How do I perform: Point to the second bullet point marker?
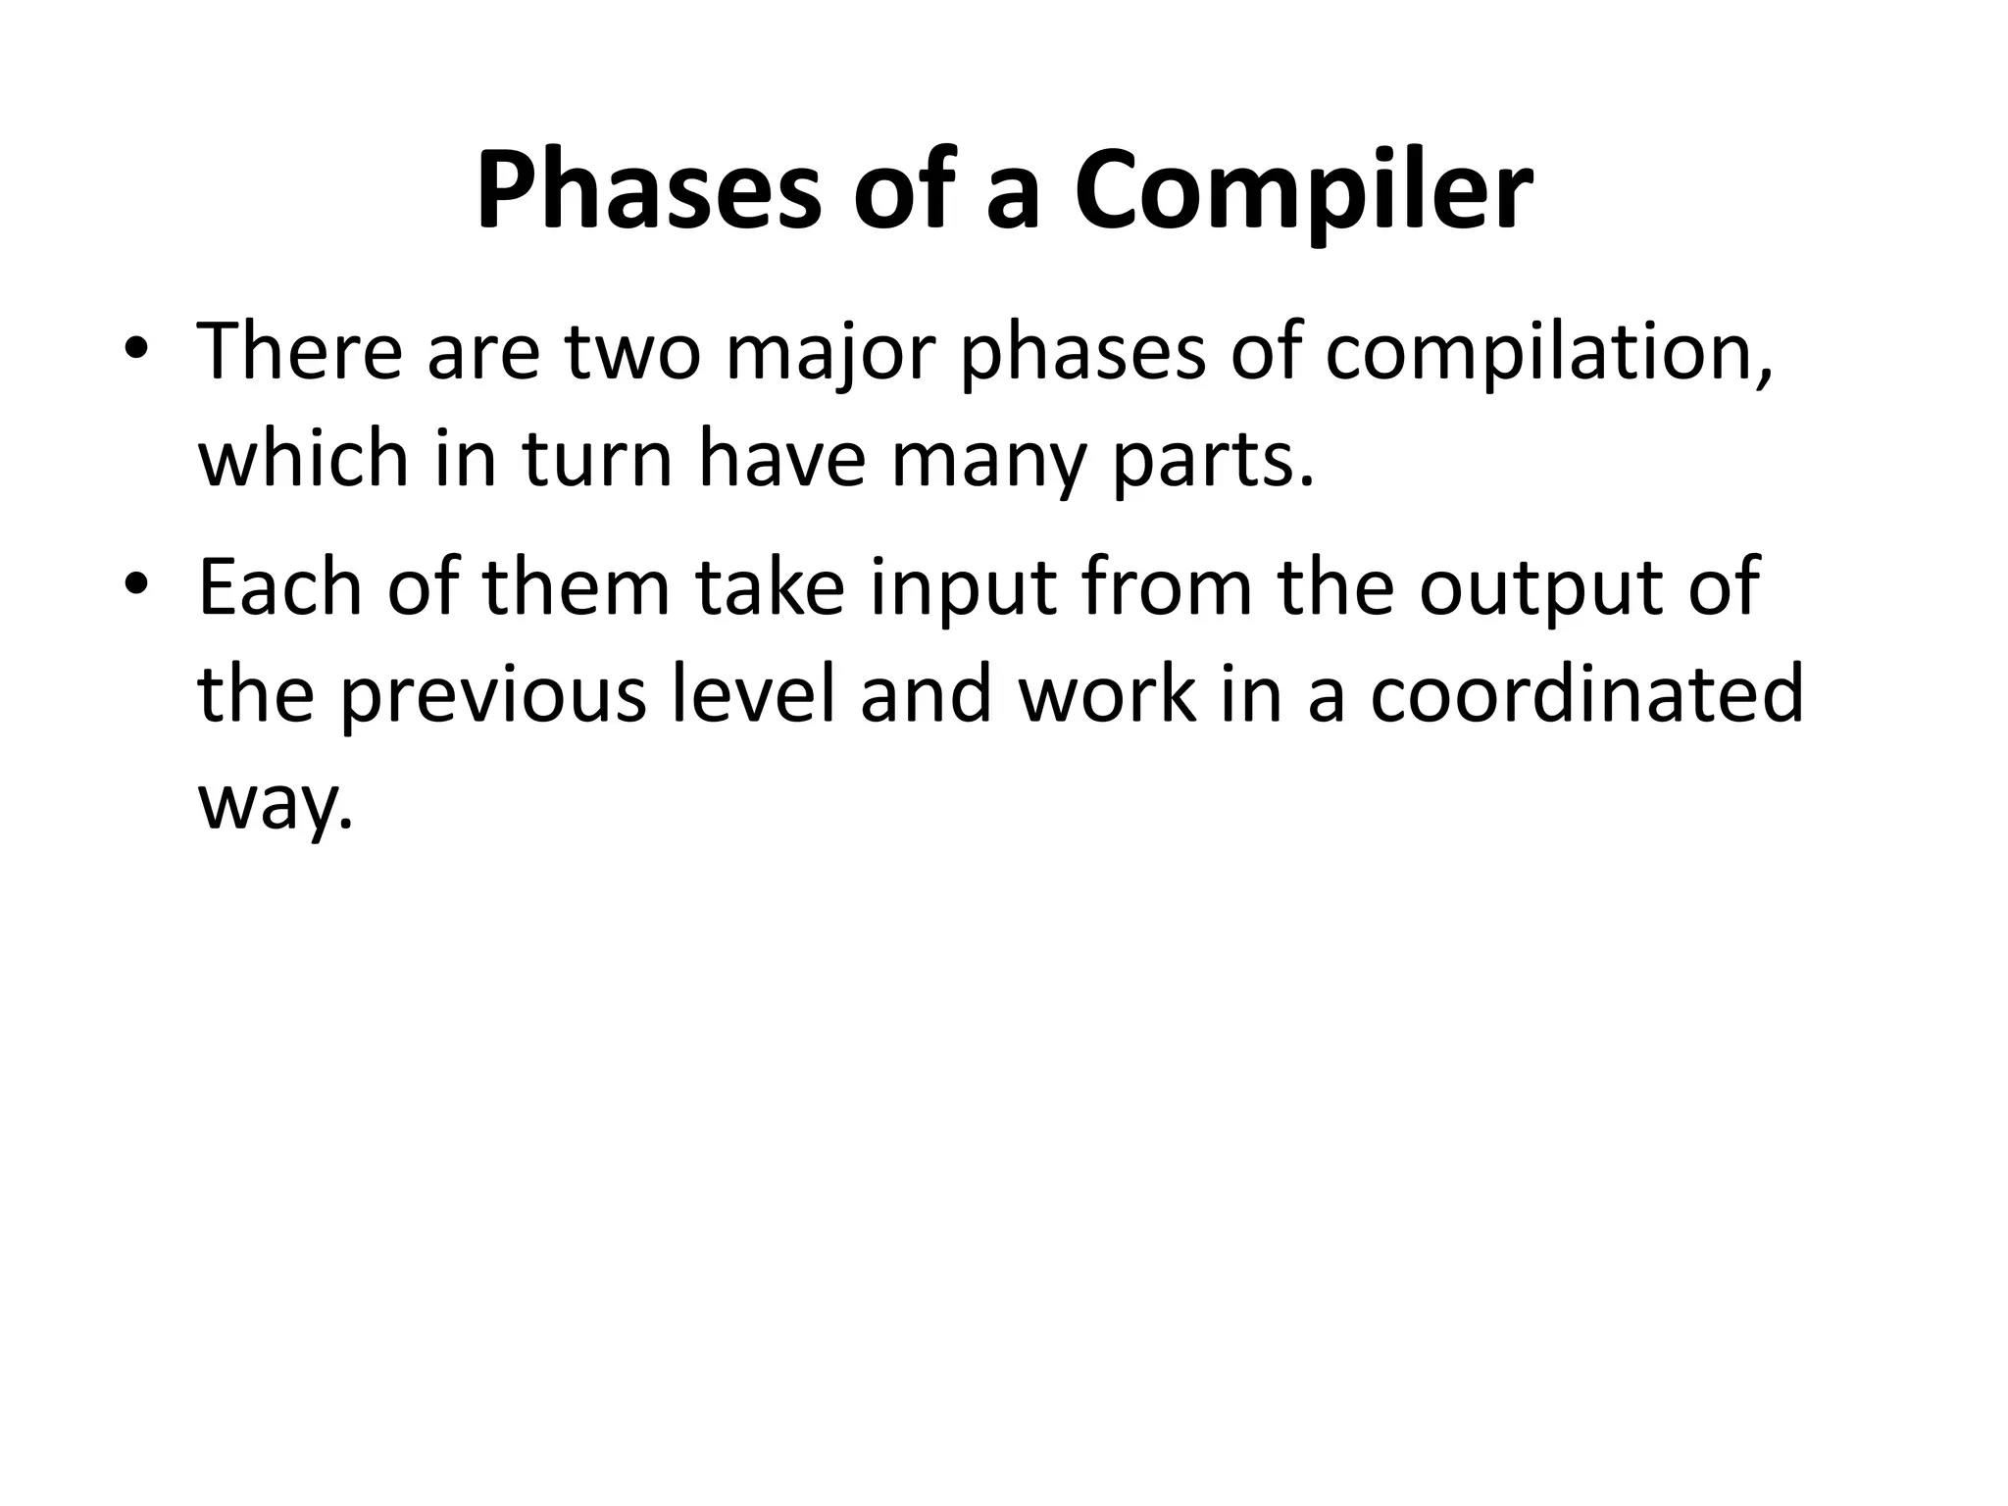coord(137,585)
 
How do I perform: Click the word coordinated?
coord(1585,694)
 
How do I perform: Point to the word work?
coord(1108,694)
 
